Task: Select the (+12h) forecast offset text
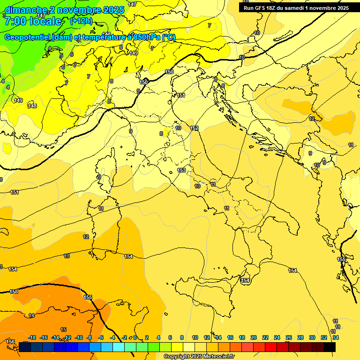point(81,21)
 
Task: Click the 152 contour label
point(194,128)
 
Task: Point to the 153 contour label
point(181,170)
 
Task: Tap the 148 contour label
point(32,106)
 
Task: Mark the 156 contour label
point(10,342)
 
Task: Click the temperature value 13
point(67,256)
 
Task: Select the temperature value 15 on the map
point(63,330)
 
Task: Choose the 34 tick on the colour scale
point(335,337)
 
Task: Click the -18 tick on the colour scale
point(32,337)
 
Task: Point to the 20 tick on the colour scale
point(254,337)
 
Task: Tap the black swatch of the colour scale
point(330,347)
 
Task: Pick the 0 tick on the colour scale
point(135,337)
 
